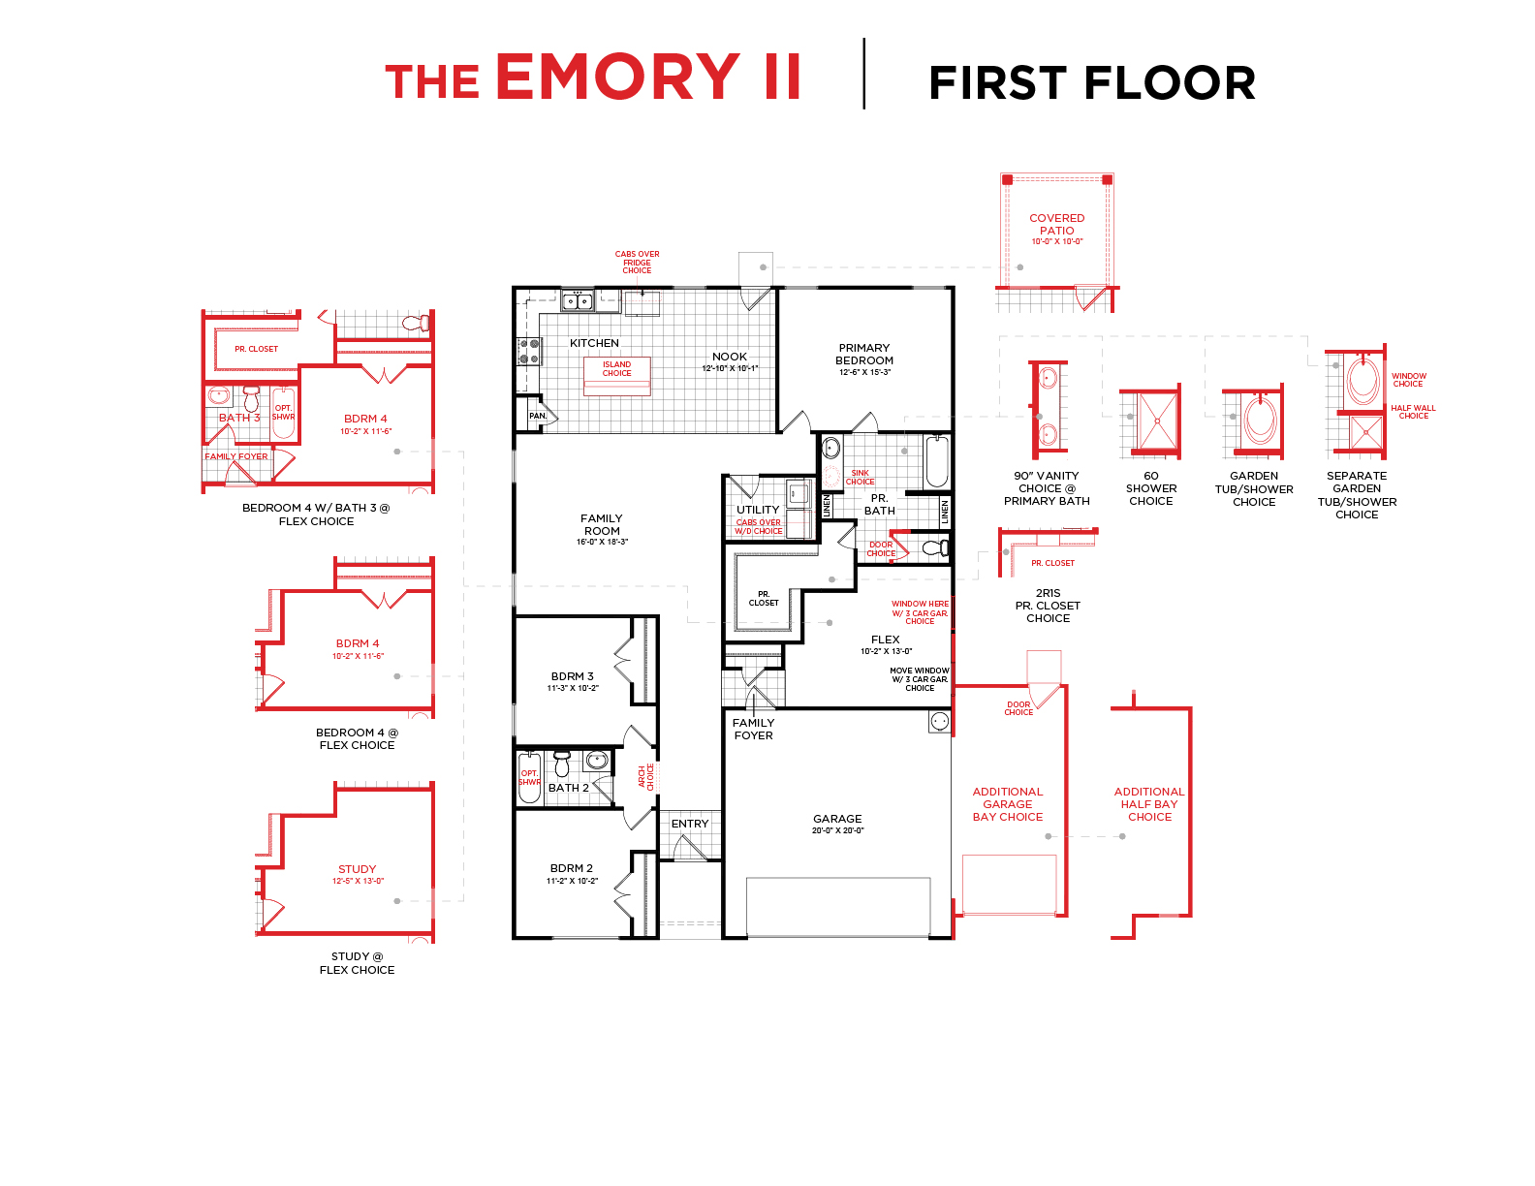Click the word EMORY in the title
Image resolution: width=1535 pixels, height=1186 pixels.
pyautogui.click(x=617, y=77)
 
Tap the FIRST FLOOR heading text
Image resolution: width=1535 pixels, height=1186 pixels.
pyautogui.click(x=1091, y=83)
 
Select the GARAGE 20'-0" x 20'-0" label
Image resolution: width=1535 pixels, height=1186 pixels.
pyautogui.click(x=837, y=824)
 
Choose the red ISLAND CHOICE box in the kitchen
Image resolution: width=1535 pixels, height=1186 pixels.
pyautogui.click(x=616, y=370)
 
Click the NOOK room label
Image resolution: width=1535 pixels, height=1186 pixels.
pyautogui.click(x=730, y=360)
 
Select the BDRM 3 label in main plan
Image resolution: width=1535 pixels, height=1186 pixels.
pyautogui.click(x=572, y=680)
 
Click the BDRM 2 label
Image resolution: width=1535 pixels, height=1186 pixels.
pyautogui.click(x=572, y=873)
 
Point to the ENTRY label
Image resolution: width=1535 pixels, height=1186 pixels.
pyautogui.click(x=690, y=824)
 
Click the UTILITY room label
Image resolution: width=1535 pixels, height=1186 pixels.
pyautogui.click(x=758, y=510)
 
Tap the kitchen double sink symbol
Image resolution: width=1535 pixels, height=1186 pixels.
pyautogui.click(x=579, y=301)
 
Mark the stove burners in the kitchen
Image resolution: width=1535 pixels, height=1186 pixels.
pyautogui.click(x=529, y=351)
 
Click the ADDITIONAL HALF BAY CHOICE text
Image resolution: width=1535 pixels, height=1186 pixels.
pyautogui.click(x=1149, y=804)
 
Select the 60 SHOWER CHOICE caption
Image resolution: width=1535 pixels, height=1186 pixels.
pyautogui.click(x=1151, y=488)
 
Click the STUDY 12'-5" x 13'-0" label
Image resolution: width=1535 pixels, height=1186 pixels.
pyautogui.click(x=358, y=874)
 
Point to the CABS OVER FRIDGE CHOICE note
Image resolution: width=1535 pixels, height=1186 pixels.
pyautogui.click(x=637, y=263)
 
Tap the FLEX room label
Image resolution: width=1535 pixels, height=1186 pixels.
pyautogui.click(x=885, y=643)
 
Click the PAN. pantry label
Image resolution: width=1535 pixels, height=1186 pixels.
pyautogui.click(x=538, y=416)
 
